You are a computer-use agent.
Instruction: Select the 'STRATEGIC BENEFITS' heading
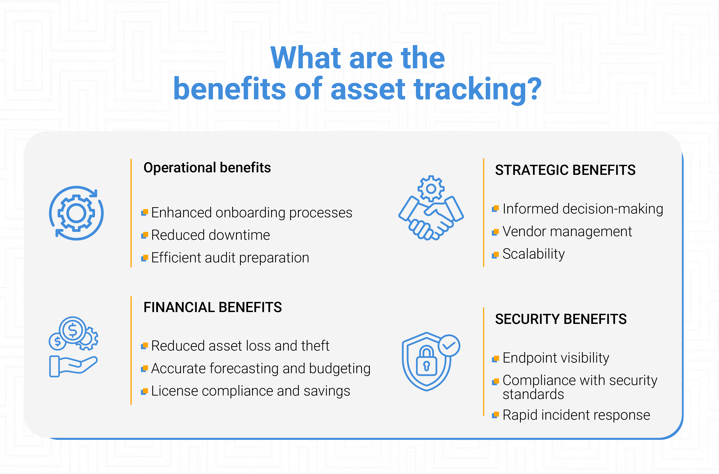(565, 170)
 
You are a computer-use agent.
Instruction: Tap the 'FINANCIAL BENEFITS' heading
(213, 307)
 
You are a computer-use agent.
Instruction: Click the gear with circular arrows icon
(77, 213)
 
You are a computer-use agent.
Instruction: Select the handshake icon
(431, 208)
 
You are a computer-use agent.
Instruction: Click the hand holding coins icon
(73, 347)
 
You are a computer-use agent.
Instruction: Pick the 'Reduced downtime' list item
(210, 235)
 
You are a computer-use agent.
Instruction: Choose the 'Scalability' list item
(533, 254)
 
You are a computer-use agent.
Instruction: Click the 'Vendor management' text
(567, 232)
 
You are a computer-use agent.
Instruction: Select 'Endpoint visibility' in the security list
(556, 358)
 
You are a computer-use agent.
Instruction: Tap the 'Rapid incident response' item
(576, 415)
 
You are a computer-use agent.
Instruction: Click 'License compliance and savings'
(251, 391)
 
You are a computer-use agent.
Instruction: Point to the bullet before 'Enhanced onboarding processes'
(144, 212)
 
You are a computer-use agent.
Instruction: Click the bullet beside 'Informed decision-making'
(495, 209)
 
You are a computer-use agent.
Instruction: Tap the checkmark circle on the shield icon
(449, 345)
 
